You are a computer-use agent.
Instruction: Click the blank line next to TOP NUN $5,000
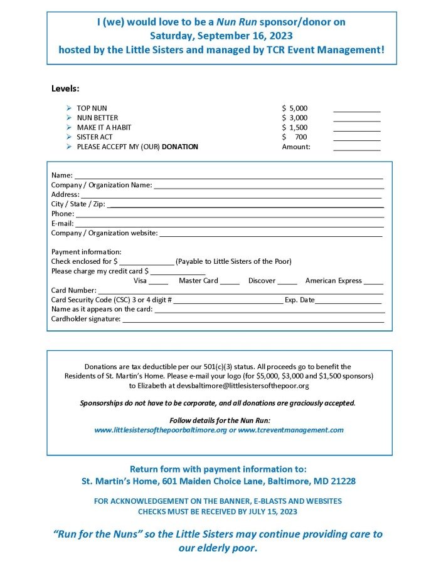tap(356, 110)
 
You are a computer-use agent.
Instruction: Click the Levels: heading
tap(65, 88)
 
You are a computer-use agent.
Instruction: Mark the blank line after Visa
tap(158, 283)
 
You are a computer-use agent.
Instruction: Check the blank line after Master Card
tap(230, 283)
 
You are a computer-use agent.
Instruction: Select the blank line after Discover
tap(287, 283)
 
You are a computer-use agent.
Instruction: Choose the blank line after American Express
tap(373, 283)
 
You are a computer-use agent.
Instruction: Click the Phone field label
tap(62, 214)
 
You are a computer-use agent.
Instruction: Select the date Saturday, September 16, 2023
tap(221, 35)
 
